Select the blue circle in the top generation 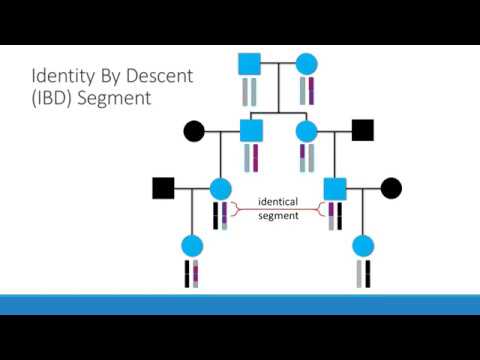click(307, 64)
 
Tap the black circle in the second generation click(194, 130)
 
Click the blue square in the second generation click(251, 130)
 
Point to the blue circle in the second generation click(307, 130)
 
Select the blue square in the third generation click(334, 187)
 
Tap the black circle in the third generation click(391, 187)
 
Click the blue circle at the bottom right click(363, 245)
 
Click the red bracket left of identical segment click(237, 208)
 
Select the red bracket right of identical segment click(320, 208)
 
